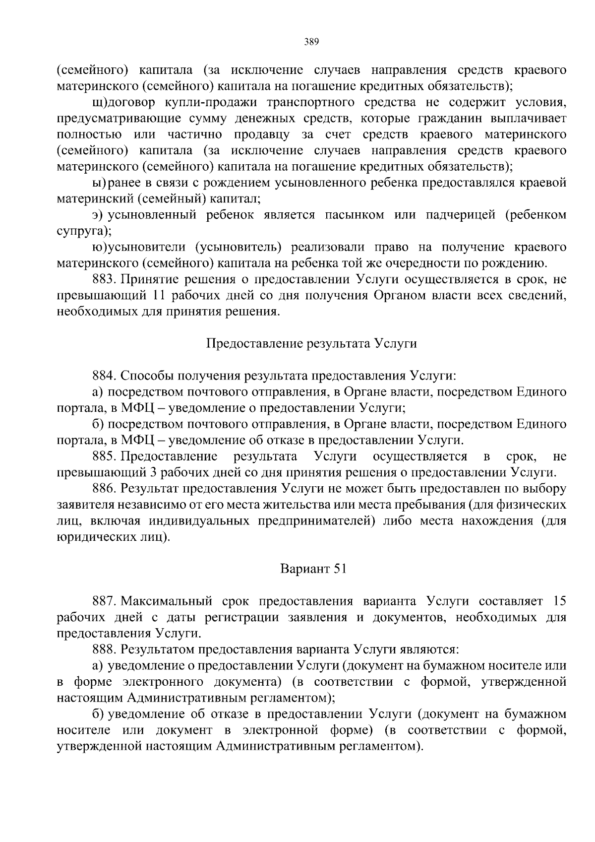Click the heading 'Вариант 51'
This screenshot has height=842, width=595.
(x=313, y=569)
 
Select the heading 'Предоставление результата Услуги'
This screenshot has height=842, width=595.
(x=311, y=344)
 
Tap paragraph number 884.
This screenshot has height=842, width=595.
(x=104, y=376)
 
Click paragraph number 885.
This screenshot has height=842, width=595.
(x=104, y=456)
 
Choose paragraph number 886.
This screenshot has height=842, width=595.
(x=104, y=488)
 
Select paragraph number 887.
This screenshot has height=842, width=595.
(x=104, y=601)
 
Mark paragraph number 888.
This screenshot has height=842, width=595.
(x=104, y=649)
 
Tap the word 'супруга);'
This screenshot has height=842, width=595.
(x=84, y=231)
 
